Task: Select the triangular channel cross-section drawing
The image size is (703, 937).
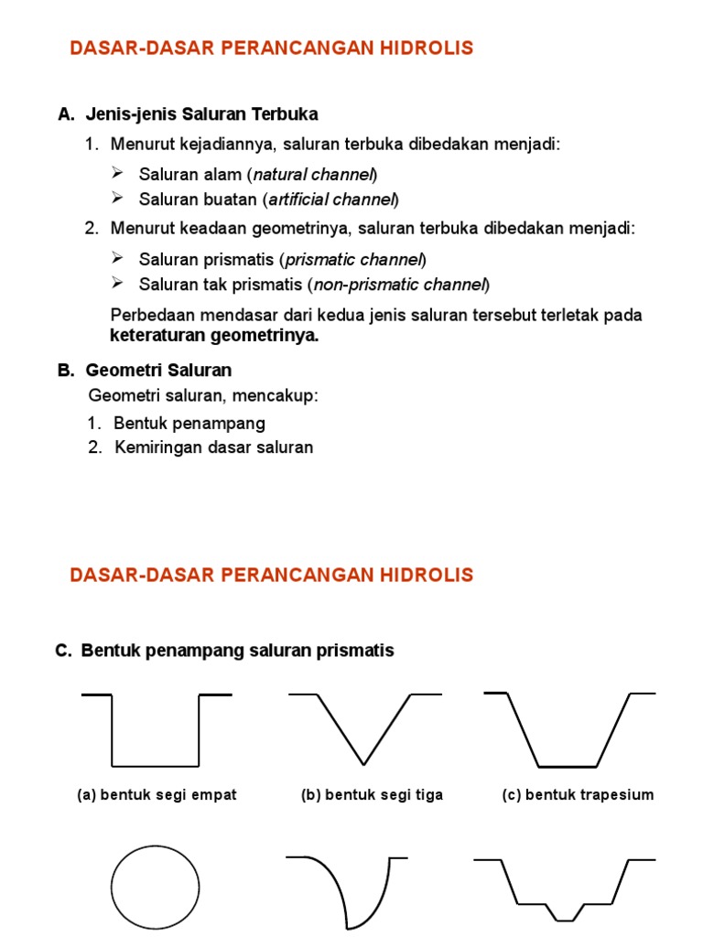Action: pos(364,728)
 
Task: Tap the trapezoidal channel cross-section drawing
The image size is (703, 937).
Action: pos(568,729)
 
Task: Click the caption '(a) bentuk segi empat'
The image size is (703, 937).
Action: pos(157,795)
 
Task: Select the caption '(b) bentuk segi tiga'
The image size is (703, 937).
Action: pos(372,795)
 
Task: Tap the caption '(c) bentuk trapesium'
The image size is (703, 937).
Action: pos(578,795)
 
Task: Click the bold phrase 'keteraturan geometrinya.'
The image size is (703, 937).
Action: pos(214,336)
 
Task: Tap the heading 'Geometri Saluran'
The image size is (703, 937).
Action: pos(158,371)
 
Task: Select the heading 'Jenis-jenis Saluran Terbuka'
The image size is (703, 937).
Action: pos(201,114)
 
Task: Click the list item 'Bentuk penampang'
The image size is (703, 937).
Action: pos(189,424)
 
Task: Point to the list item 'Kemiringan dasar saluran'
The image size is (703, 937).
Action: pos(214,447)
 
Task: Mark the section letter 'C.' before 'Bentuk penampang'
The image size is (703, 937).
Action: pos(63,651)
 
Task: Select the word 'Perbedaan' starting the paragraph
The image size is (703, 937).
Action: pos(148,316)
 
